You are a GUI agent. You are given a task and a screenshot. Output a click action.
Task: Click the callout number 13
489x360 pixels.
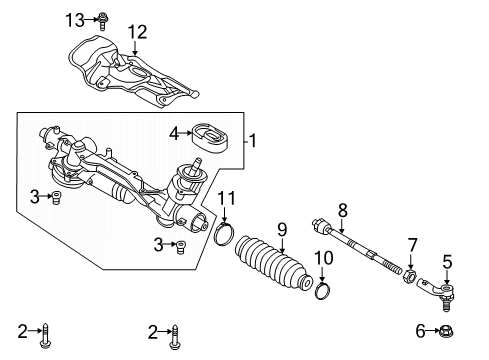(75, 20)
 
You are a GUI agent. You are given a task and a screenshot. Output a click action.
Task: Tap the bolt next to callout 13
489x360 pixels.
(103, 21)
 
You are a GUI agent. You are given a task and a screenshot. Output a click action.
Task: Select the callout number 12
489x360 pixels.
(138, 32)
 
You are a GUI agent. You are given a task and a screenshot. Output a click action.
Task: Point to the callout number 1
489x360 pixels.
(253, 141)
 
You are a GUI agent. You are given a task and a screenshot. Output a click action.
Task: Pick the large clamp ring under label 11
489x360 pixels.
(224, 234)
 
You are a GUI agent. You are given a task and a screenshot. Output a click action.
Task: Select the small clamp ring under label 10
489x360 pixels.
(323, 290)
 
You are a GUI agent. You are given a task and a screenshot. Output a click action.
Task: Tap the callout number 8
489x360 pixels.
(343, 210)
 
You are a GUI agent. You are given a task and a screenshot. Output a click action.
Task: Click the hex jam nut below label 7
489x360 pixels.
(410, 275)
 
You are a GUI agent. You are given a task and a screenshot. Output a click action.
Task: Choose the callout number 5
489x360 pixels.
(447, 261)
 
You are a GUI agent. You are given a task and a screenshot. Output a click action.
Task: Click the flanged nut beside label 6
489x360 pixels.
(446, 331)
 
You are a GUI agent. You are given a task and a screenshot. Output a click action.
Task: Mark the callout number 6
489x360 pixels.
(420, 331)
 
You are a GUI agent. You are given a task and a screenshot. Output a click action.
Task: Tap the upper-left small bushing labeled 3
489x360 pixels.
(56, 197)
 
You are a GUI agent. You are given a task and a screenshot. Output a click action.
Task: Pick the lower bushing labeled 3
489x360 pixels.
(181, 247)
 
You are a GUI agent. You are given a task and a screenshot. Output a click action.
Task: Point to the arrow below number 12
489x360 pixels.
(135, 47)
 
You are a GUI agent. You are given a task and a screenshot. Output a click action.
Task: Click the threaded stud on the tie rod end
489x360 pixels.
(446, 305)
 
